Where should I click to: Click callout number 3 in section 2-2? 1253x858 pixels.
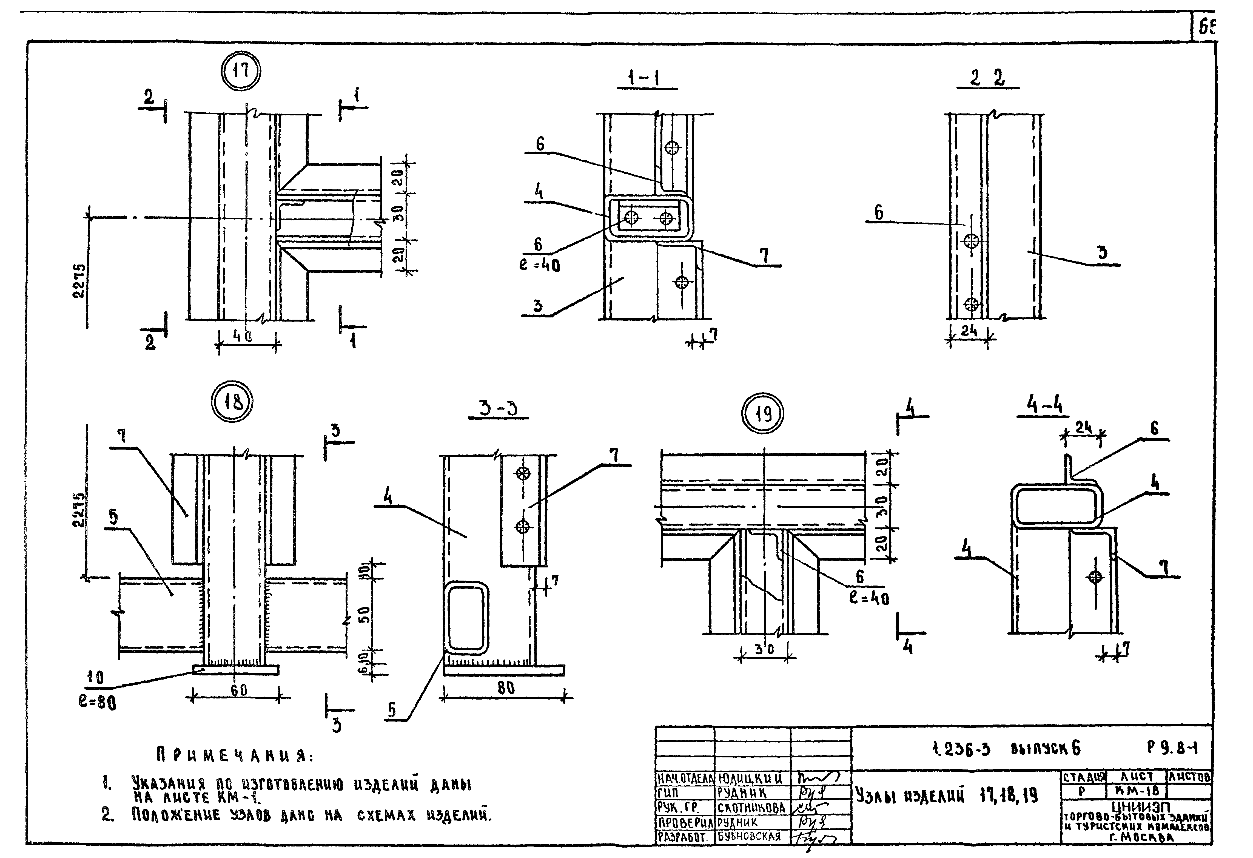(1103, 252)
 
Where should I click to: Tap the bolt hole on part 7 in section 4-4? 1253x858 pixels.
(1095, 576)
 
